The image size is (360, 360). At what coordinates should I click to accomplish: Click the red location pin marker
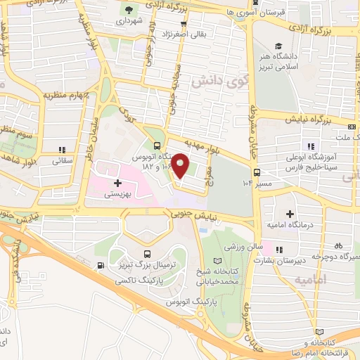[181, 165]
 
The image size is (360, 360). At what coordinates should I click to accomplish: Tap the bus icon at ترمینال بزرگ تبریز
[146, 254]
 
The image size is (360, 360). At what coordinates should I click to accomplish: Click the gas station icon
[103, 265]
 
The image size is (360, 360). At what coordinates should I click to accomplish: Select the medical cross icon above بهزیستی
[117, 183]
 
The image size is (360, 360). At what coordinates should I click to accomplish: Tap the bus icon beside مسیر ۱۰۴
[257, 172]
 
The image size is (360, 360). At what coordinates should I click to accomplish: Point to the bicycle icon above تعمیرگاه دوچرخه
[339, 246]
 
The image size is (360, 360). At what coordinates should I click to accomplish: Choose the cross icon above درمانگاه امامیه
[289, 213]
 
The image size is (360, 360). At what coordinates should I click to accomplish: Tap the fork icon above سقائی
[62, 149]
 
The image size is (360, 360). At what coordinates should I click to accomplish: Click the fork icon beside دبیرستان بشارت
[280, 249]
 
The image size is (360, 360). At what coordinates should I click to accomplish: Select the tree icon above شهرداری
[129, 9]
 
